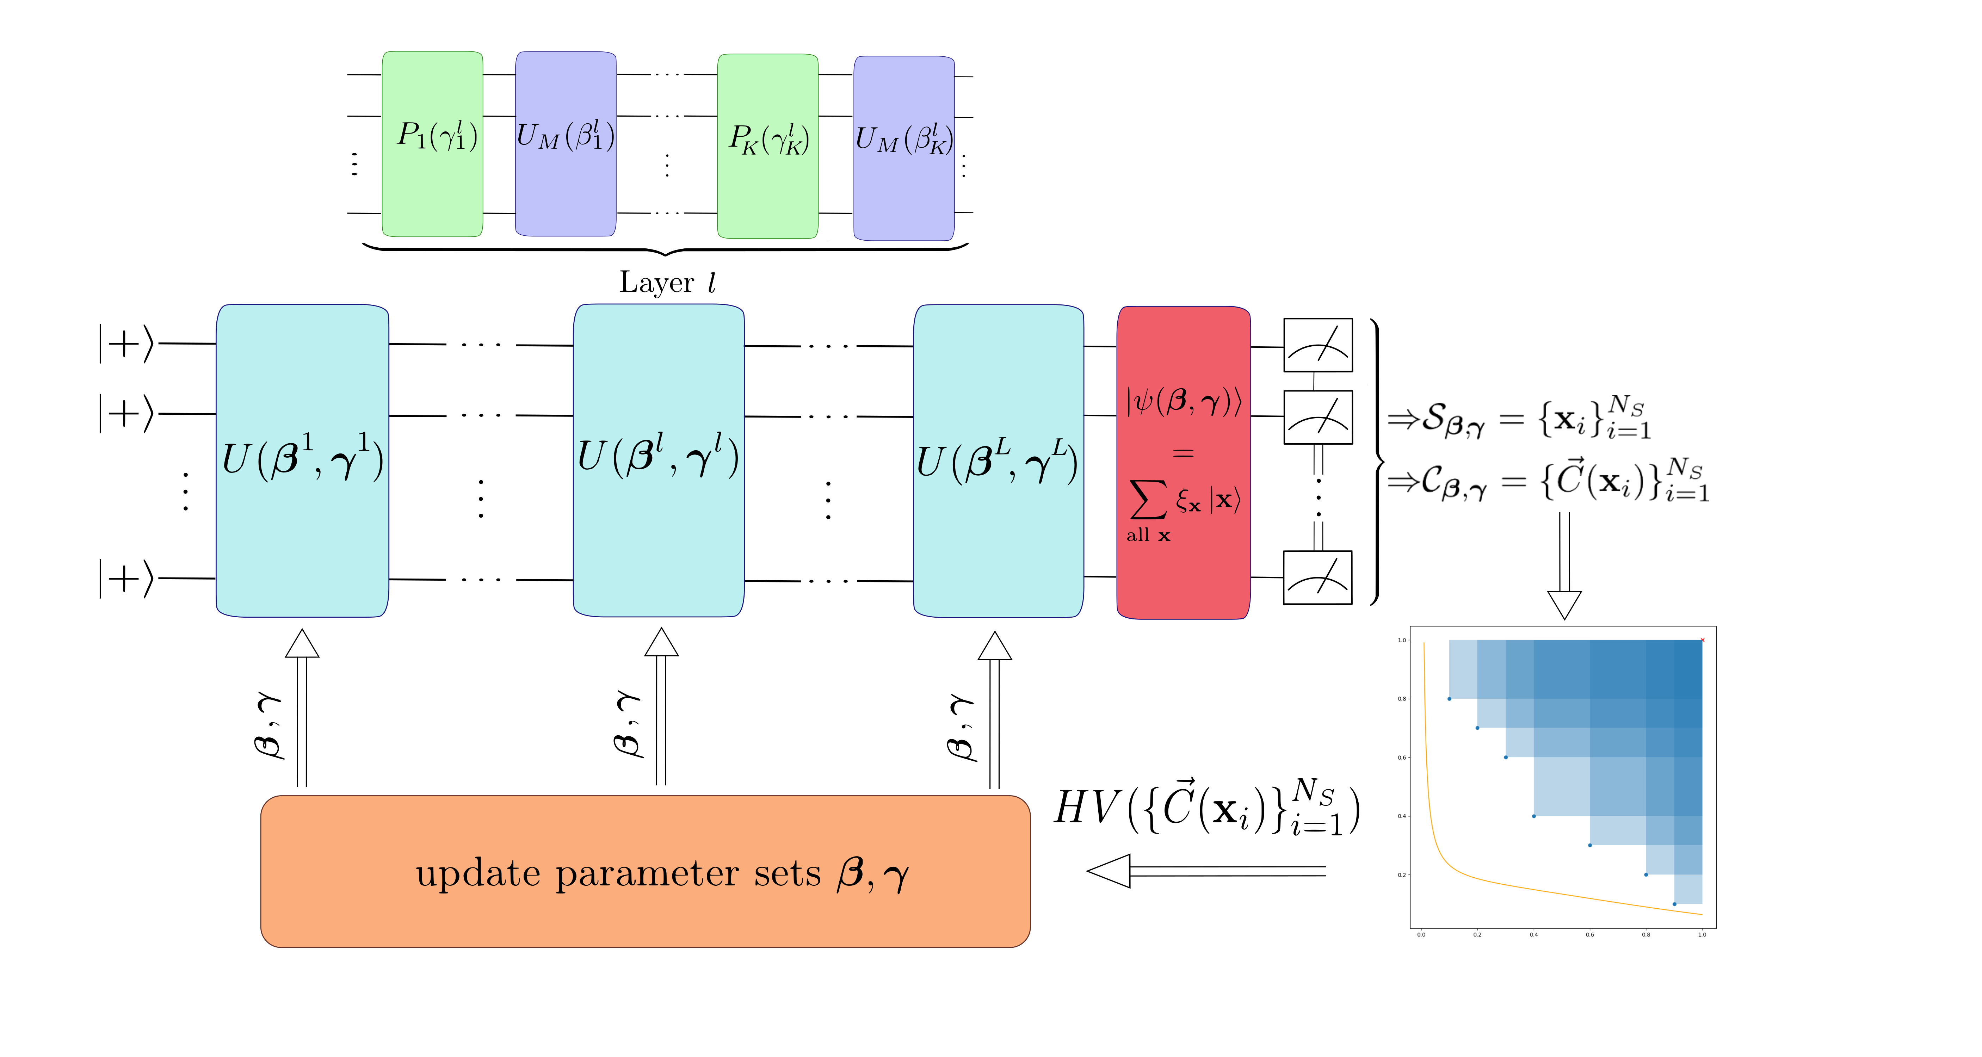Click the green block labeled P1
click(x=432, y=144)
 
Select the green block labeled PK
click(x=767, y=146)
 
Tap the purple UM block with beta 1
click(x=566, y=144)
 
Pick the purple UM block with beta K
click(x=904, y=148)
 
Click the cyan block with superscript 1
click(x=302, y=460)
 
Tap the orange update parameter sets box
click(x=645, y=871)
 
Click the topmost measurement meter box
click(x=1317, y=345)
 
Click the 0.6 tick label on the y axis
click(x=1402, y=758)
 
